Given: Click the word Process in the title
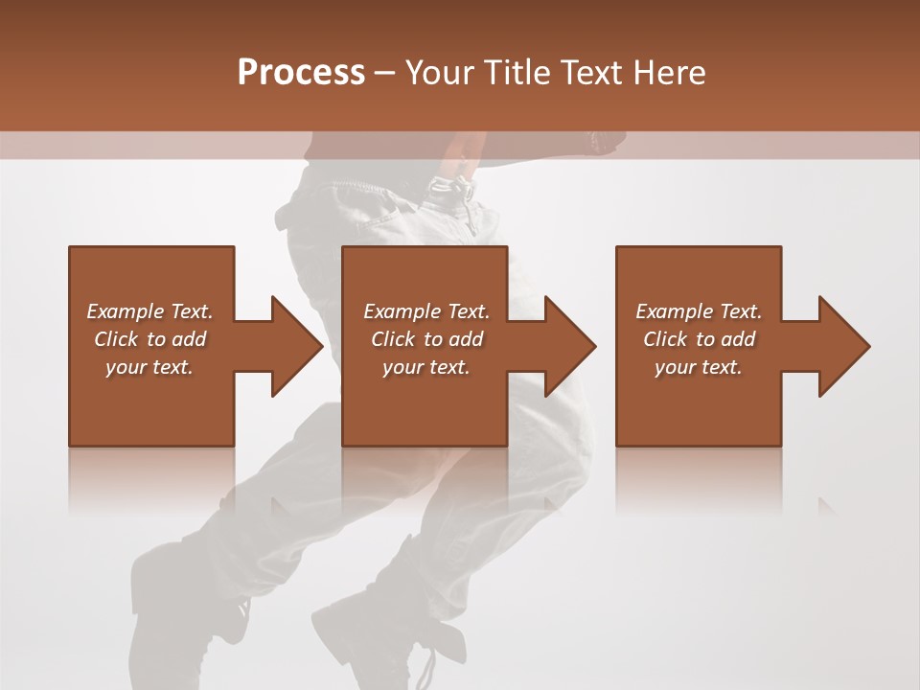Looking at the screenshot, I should tap(301, 73).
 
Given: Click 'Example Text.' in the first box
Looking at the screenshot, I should tap(149, 311).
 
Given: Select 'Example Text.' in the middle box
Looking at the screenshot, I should tap(426, 311).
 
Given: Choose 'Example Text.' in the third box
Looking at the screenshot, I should tap(699, 311).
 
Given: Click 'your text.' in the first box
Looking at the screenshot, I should tap(149, 367).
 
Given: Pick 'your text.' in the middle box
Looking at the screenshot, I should tap(426, 367).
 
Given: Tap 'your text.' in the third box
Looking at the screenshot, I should tap(699, 367).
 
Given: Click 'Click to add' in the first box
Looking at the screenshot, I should tap(149, 339).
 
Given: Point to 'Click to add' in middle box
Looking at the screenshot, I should tap(426, 339).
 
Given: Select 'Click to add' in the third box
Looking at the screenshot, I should tap(699, 339).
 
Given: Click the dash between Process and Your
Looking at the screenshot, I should tap(385, 74).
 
